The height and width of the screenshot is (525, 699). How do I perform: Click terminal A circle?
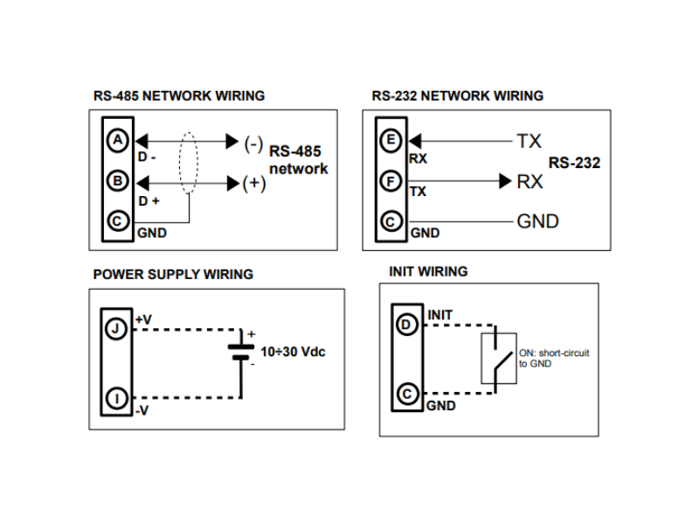click(x=118, y=141)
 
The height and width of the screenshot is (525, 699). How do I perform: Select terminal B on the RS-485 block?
click(x=118, y=181)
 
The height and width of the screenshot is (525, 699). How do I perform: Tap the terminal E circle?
click(x=391, y=141)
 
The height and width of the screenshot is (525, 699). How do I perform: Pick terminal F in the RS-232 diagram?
click(x=391, y=181)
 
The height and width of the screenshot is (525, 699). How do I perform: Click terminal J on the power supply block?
click(x=116, y=329)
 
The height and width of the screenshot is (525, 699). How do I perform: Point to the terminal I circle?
click(x=117, y=398)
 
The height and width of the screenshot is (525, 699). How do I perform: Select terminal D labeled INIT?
click(x=406, y=325)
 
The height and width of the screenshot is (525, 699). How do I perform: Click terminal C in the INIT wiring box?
click(x=407, y=395)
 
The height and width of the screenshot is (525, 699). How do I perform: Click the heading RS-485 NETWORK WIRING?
click(x=179, y=95)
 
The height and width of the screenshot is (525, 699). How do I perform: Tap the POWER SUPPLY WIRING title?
click(x=173, y=274)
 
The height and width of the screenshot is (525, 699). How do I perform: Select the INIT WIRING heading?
click(x=428, y=271)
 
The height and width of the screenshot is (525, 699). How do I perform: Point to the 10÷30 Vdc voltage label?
click(x=293, y=352)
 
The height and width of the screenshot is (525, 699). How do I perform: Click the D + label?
click(x=149, y=201)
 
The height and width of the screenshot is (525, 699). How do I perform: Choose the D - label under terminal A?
click(x=147, y=157)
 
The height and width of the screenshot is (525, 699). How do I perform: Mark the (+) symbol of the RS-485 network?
click(x=254, y=183)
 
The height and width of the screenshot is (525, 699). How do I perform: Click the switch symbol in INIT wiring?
click(x=499, y=359)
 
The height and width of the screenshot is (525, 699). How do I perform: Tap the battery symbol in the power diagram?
click(x=241, y=352)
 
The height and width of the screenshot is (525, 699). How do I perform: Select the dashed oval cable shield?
click(x=189, y=163)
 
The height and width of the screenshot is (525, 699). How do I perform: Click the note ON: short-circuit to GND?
click(x=554, y=358)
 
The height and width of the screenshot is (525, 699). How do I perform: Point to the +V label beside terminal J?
click(x=143, y=319)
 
